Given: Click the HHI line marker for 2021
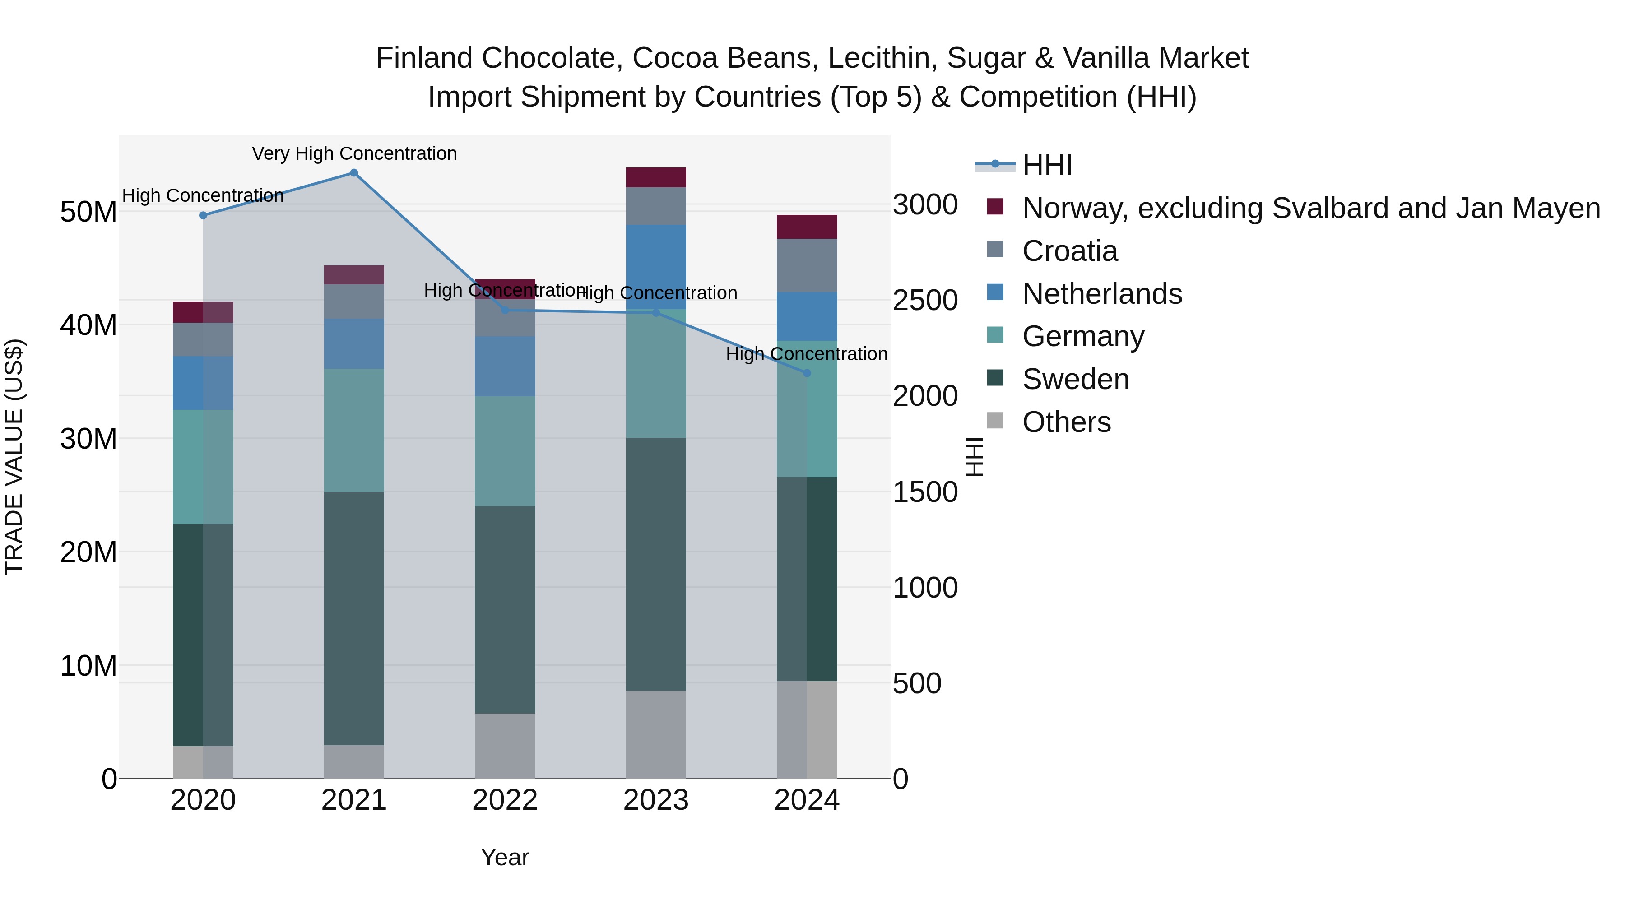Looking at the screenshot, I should point(354,173).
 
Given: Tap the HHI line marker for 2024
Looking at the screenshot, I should point(807,373).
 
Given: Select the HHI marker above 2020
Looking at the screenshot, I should point(203,216).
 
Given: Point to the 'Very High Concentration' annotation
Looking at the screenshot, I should point(354,154).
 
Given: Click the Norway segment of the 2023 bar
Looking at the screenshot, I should point(655,177).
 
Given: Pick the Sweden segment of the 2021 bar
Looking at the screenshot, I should point(354,618).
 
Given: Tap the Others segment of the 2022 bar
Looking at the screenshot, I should point(505,746).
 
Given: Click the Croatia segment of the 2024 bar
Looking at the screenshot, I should point(807,265).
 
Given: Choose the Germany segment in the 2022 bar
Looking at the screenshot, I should point(505,451).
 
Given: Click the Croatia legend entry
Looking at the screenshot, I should point(1070,251).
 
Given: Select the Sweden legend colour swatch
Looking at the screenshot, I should point(995,379).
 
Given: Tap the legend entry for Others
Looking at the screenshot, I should point(1066,422).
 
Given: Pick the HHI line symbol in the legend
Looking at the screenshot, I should point(995,165).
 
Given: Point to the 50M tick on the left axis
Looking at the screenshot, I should point(88,212).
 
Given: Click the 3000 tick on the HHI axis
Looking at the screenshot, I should point(925,205).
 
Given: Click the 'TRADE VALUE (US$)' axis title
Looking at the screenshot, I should point(14,457).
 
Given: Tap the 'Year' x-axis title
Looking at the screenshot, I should point(505,857).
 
